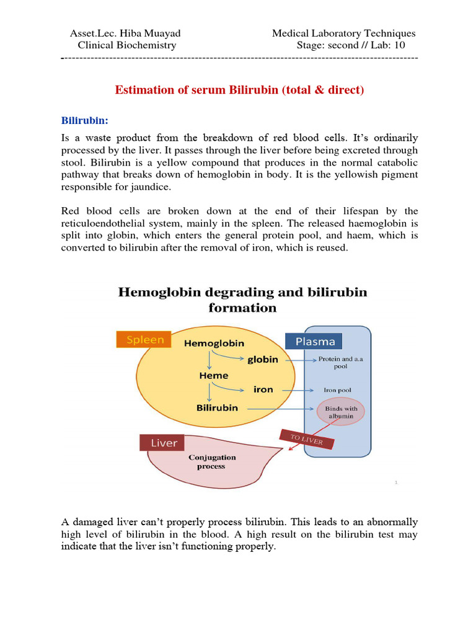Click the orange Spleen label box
[x=145, y=340]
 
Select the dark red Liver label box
[x=164, y=443]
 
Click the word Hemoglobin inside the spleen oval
[x=214, y=343]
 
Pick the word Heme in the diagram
[x=213, y=375]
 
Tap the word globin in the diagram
[x=263, y=359]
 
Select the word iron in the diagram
[x=263, y=389]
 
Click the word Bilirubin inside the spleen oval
[x=217, y=408]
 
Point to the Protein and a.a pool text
[x=337, y=363]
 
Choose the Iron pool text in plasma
[x=337, y=390]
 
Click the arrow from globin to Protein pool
[x=296, y=359]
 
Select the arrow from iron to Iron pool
[x=296, y=390]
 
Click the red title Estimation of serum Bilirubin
[x=239, y=90]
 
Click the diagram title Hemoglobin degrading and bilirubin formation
[x=243, y=300]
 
